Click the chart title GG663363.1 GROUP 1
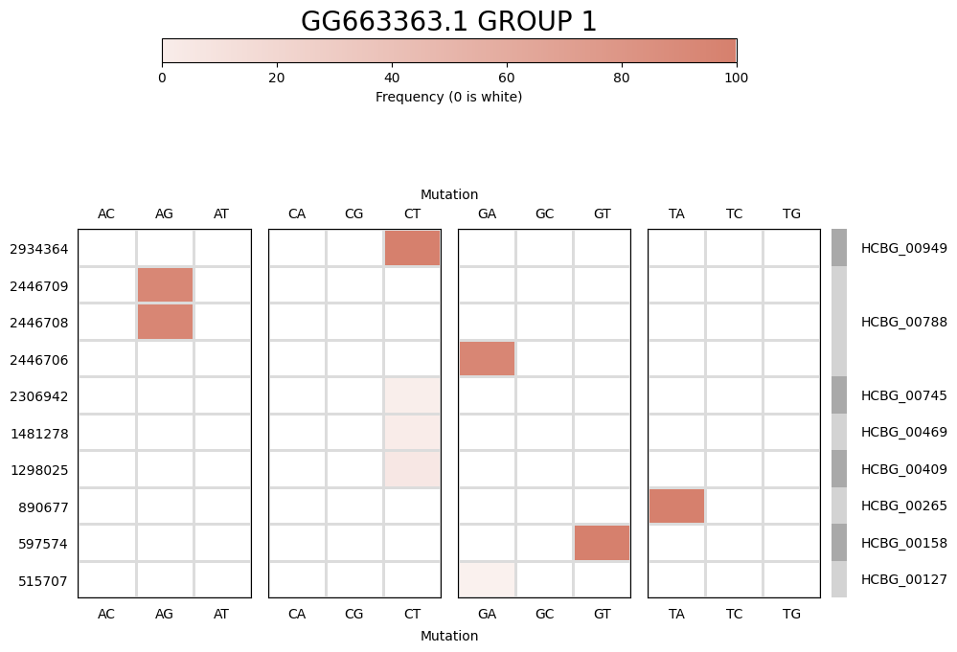(448, 22)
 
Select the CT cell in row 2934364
(412, 249)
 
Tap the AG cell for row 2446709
(165, 285)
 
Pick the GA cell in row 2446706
(487, 359)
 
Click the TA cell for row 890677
(676, 506)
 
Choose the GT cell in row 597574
(602, 543)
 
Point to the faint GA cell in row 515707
(487, 580)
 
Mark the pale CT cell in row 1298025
(412, 469)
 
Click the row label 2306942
(39, 396)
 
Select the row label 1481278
(39, 433)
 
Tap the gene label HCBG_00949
(903, 249)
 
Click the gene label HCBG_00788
(903, 323)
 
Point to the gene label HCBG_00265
(903, 506)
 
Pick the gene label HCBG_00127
(903, 580)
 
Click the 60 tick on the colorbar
(506, 78)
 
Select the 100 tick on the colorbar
(736, 78)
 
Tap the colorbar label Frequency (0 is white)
(448, 97)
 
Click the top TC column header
(734, 214)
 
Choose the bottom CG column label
(354, 614)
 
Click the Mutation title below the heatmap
(448, 636)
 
